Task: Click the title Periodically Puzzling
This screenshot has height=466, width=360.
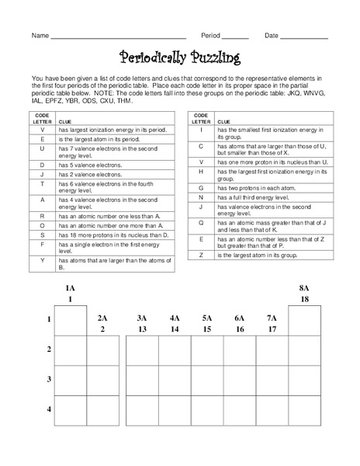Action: [x=180, y=58]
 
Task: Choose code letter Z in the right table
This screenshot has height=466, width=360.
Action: [x=201, y=255]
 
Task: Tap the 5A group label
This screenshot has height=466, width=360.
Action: [x=207, y=318]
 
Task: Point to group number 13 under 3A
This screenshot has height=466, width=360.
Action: [x=142, y=329]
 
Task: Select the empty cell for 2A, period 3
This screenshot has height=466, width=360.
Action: [x=102, y=380]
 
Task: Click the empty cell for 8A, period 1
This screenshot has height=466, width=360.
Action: [x=304, y=320]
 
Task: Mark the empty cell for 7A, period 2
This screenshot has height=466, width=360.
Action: [x=272, y=350]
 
